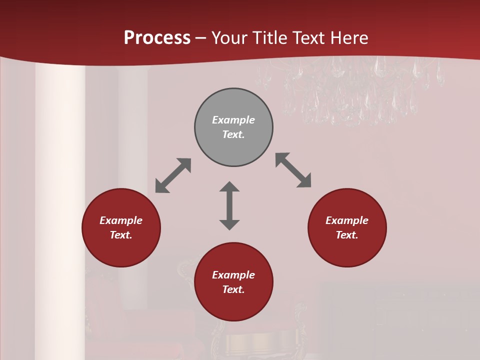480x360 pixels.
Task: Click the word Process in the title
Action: click(x=157, y=38)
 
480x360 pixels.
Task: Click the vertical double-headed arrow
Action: click(x=229, y=205)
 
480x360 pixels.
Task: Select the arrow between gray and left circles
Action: click(x=173, y=175)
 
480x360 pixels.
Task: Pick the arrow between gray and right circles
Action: click(x=293, y=170)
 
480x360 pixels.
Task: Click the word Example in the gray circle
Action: click(x=233, y=120)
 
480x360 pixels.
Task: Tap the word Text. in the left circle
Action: click(x=121, y=235)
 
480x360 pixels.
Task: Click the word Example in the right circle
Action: click(x=347, y=220)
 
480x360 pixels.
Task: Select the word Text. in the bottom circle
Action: click(x=233, y=289)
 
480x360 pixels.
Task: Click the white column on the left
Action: click(x=59, y=210)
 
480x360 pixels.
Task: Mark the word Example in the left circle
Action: click(x=121, y=220)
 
